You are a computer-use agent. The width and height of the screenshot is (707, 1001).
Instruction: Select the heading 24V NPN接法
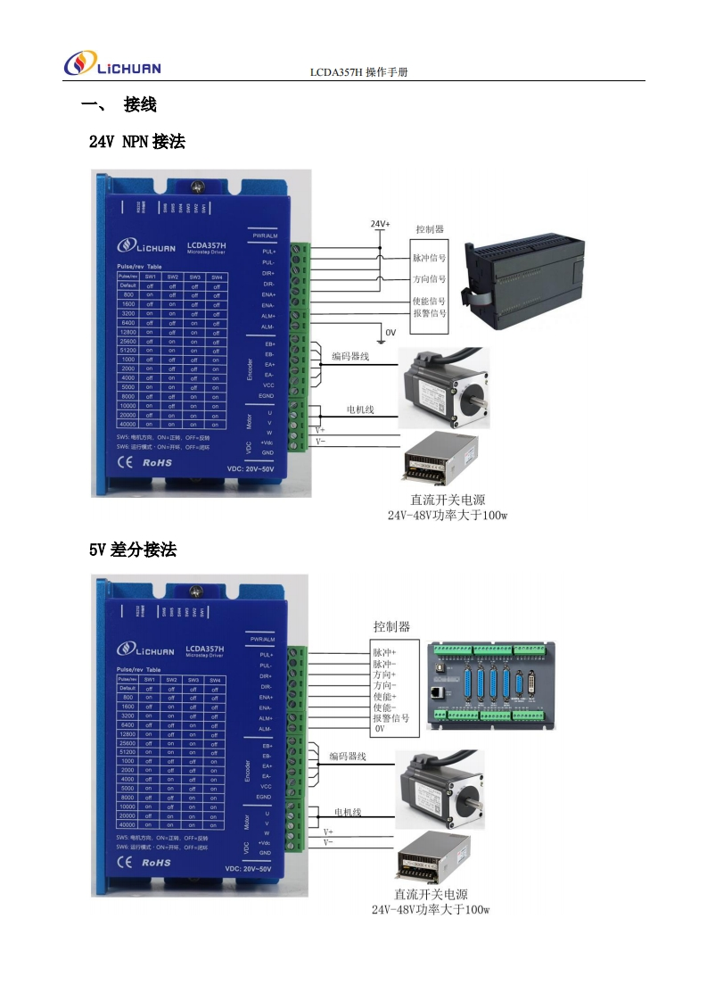(137, 141)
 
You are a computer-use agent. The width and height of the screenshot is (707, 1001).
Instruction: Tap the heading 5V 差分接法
(133, 550)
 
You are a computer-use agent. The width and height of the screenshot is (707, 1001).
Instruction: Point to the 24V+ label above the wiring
(381, 224)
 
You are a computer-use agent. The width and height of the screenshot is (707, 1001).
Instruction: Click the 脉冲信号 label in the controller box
(429, 258)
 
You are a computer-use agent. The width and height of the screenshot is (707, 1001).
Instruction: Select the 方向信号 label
(429, 279)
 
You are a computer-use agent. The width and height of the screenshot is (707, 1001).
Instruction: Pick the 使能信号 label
(429, 302)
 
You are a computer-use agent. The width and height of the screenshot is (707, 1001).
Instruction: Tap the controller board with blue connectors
(491, 685)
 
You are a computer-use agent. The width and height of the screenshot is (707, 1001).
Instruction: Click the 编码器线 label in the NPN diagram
(350, 357)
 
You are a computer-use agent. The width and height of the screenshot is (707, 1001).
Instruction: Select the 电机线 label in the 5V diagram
(348, 812)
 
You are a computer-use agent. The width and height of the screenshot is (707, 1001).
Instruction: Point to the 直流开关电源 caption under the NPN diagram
(448, 500)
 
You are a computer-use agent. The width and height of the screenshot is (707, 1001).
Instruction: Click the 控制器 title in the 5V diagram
(391, 626)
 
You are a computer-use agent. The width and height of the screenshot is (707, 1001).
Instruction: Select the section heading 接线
(140, 105)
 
